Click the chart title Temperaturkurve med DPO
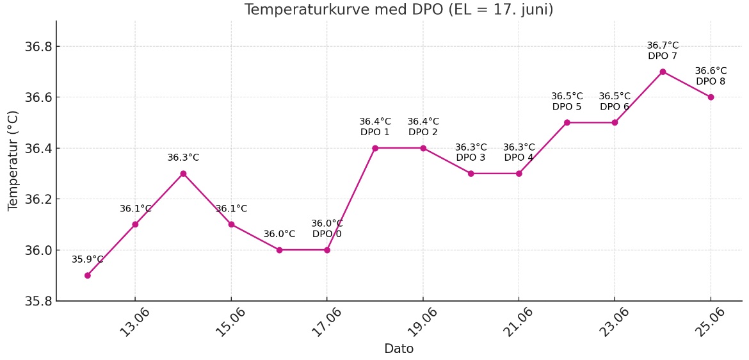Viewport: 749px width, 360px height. coord(399,10)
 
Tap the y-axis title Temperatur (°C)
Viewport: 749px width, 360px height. coord(13,160)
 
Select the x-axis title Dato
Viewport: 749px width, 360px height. coord(399,349)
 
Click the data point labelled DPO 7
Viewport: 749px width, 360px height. coord(663,72)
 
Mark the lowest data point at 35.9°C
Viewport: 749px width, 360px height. coord(87,275)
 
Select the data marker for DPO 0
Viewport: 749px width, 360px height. coord(327,250)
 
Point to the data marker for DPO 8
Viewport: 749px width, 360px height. coord(711,97)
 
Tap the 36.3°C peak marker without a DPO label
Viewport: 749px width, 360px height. coord(183,174)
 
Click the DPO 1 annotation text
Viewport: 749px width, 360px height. coord(375,133)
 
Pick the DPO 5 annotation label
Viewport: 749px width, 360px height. coord(567,107)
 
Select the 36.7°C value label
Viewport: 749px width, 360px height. coord(663,45)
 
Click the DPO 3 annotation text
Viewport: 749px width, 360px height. coord(471,158)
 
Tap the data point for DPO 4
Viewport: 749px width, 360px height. coord(519,174)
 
